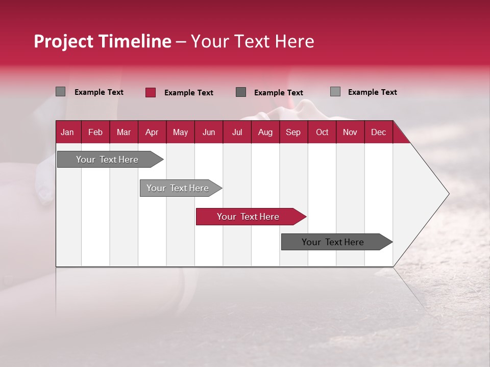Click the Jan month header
pos(67,133)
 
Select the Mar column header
pos(124,133)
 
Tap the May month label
pos(180,133)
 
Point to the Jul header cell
pos(237,133)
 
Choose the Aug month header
pos(265,133)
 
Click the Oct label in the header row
pos(322,133)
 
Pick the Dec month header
pos(378,133)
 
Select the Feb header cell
pos(95,133)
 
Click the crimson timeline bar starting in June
pos(248,217)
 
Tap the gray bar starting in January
pos(107,160)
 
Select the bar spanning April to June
pos(178,188)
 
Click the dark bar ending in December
pos(333,242)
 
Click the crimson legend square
pos(150,92)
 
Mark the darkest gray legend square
pos(241,92)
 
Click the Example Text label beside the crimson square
pos(188,93)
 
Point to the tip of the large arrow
pos(448,194)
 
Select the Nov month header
pos(350,133)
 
